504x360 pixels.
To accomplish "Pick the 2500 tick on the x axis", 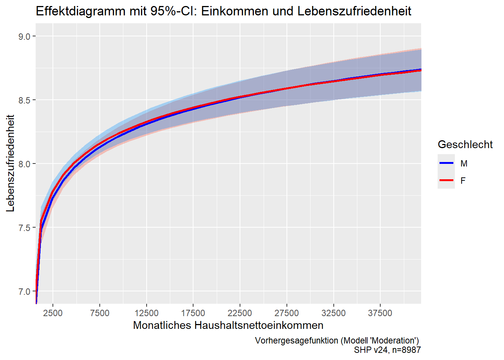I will click(x=53, y=313).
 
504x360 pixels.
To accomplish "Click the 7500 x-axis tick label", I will click(x=100, y=313).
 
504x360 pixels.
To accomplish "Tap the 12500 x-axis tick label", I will click(x=146, y=313).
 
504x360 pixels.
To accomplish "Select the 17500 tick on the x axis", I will click(x=193, y=313).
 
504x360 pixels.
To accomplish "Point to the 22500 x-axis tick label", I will click(x=240, y=313).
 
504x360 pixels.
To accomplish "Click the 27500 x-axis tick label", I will click(x=286, y=313).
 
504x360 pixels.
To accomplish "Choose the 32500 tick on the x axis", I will click(x=333, y=313).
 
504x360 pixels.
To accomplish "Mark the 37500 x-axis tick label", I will click(x=380, y=313).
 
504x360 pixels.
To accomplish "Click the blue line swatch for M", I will click(x=446, y=163).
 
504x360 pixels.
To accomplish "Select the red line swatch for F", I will click(x=446, y=180).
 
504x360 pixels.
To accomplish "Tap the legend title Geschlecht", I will click(x=465, y=144).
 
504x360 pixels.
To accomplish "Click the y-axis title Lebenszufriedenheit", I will click(x=10, y=163).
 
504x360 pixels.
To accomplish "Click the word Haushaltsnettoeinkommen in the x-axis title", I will click(x=259, y=325).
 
